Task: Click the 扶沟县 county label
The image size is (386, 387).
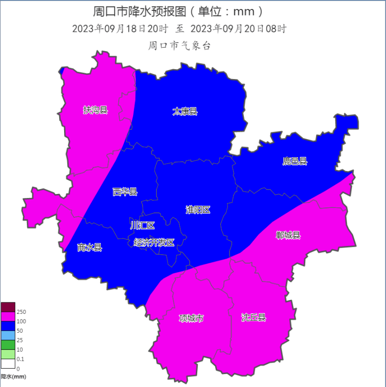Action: tap(95, 110)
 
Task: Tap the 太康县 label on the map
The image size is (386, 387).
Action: tap(185, 111)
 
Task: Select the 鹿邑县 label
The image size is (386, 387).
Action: tap(295, 161)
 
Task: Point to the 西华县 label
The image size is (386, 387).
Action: tap(125, 192)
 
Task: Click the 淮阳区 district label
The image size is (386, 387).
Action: tap(198, 209)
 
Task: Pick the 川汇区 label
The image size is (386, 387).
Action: tap(143, 225)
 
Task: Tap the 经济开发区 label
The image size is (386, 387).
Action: tap(154, 242)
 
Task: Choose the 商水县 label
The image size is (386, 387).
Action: tap(89, 247)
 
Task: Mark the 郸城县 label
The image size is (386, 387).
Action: tap(288, 235)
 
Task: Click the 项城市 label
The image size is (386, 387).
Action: tap(191, 318)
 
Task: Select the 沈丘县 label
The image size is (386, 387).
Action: tap(253, 317)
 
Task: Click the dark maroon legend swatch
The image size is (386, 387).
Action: tap(8, 307)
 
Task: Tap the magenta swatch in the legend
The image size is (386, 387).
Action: tap(8, 316)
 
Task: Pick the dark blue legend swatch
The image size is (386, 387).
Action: tap(8, 326)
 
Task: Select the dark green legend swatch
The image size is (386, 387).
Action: tap(8, 344)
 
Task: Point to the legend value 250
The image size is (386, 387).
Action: tap(21, 312)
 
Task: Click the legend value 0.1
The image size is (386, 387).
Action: tap(20, 359)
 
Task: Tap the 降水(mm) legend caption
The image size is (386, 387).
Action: tap(13, 377)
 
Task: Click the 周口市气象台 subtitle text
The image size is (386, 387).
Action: tap(179, 46)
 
